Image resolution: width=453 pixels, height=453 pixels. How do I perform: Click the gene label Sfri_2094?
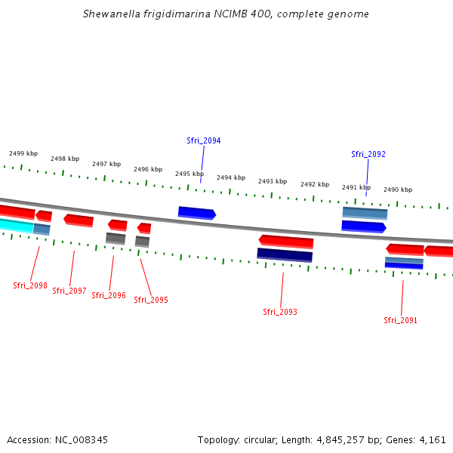click(x=203, y=140)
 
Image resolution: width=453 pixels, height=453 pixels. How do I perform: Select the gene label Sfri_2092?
click(x=368, y=154)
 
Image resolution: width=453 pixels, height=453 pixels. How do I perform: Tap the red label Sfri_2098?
click(x=30, y=285)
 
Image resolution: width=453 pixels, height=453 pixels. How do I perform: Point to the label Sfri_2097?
click(x=69, y=291)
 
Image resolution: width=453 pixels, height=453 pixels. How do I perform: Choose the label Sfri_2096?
click(x=109, y=295)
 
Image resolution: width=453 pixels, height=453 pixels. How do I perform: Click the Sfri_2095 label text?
click(x=151, y=300)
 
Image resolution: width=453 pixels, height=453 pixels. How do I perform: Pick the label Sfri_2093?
click(x=280, y=312)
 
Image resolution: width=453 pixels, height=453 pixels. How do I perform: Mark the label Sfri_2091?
click(x=400, y=320)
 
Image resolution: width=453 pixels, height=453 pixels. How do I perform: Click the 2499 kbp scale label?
click(x=23, y=153)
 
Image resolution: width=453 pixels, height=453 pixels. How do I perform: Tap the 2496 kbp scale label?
click(x=148, y=169)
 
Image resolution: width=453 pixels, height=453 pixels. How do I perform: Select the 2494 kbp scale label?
click(x=231, y=177)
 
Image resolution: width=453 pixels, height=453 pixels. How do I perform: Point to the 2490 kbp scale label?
click(x=398, y=190)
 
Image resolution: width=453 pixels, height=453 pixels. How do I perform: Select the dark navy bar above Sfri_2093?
click(x=285, y=254)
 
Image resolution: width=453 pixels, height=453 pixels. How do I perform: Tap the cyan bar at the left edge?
click(x=16, y=225)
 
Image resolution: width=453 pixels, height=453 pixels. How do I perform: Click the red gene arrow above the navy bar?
click(x=286, y=241)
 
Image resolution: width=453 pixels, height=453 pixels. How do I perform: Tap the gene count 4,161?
click(x=432, y=439)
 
